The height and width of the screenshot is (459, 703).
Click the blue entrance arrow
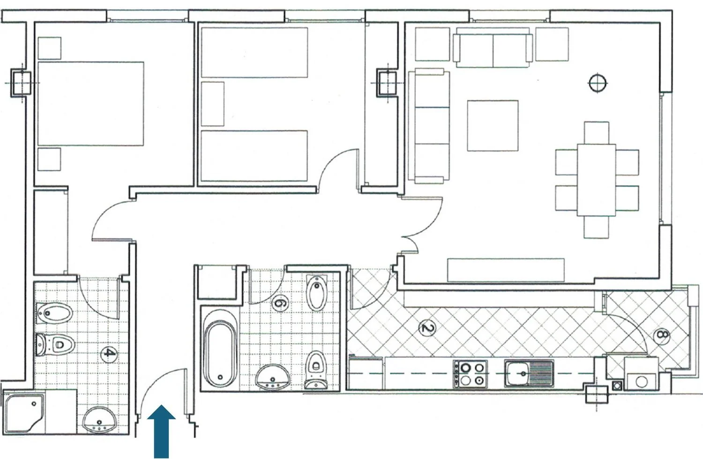click(x=161, y=432)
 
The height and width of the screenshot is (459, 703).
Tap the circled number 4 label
click(x=108, y=354)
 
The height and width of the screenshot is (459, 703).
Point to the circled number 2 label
click(x=427, y=328)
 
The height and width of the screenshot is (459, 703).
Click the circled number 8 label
click(x=662, y=335)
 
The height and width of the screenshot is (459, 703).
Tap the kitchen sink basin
click(x=529, y=374)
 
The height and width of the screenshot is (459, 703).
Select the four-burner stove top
click(x=470, y=374)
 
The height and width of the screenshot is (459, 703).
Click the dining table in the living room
click(x=596, y=180)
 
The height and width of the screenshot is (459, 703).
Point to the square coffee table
click(x=493, y=126)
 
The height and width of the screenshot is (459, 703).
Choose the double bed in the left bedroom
click(x=91, y=104)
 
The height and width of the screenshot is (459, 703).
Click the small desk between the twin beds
click(x=213, y=104)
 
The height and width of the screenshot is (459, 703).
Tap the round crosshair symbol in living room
click(x=597, y=83)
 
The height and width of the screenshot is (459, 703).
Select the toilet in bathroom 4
click(x=55, y=345)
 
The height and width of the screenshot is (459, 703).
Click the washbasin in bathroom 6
click(x=272, y=376)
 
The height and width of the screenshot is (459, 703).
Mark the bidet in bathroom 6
click(x=317, y=293)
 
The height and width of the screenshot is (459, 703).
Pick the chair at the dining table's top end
click(x=597, y=133)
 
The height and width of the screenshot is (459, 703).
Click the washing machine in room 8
click(x=641, y=374)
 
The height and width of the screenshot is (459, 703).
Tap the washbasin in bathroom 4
click(x=99, y=420)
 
